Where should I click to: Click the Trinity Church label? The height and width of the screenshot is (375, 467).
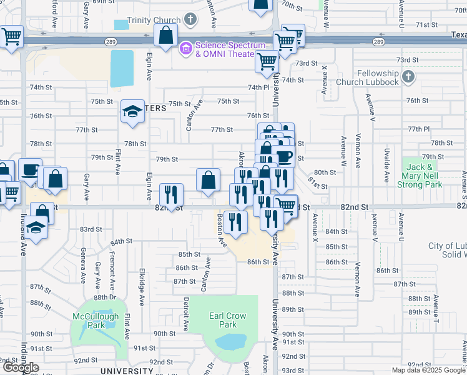pos(152,20)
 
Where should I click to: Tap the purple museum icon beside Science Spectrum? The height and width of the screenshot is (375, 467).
pos(186,48)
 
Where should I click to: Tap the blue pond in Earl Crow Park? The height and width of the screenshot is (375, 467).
pos(230,342)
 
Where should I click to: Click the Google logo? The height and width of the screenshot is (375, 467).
pos(21,367)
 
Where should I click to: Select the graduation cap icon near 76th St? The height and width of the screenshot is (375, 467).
pos(132,111)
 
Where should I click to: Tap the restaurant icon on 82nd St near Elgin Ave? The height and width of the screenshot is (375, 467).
pos(170,195)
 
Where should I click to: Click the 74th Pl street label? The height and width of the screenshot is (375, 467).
pos(258,87)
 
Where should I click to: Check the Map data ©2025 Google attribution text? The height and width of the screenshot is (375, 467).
pos(428,370)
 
